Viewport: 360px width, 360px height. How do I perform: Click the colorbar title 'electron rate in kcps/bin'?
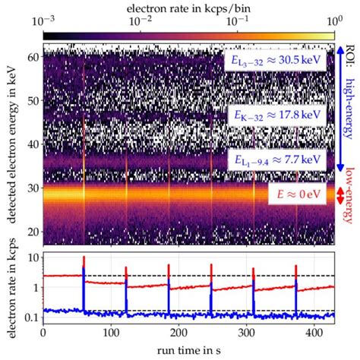(x=188, y=6)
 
